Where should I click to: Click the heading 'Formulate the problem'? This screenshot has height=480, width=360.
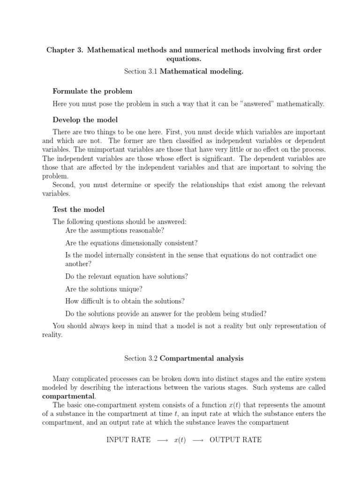(92, 91)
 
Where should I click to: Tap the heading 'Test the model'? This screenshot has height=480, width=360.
(78, 209)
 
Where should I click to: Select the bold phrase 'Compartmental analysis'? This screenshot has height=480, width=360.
(202, 359)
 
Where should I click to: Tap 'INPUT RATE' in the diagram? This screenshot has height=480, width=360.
(128, 440)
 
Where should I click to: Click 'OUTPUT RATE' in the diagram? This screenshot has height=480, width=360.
(235, 440)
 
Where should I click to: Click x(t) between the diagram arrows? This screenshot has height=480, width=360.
(180, 440)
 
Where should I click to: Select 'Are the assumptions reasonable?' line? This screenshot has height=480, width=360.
(115, 230)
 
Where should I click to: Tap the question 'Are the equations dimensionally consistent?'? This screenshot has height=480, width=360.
(132, 243)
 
